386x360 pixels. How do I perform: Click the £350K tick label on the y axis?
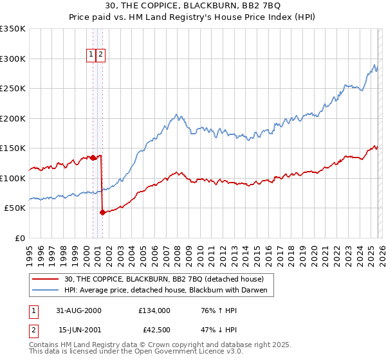tap(13, 29)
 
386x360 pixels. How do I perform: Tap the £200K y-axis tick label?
tap(13, 118)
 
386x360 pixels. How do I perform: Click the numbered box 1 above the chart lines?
tap(91, 55)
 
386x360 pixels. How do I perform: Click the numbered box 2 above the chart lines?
tap(102, 55)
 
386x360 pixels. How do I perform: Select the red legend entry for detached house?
tap(164, 279)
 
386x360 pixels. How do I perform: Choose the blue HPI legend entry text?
tap(169, 291)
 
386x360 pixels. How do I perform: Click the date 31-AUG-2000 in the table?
tap(80, 310)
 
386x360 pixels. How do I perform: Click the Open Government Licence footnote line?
tap(132, 353)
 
